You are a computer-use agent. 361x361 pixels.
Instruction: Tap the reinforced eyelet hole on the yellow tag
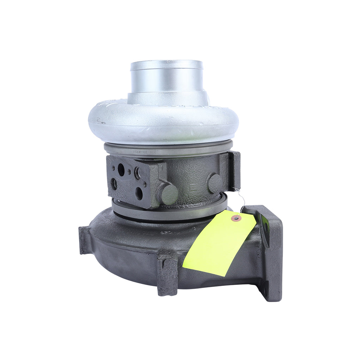pos(235,218)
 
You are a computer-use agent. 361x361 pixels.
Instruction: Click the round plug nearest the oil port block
pos(169,194)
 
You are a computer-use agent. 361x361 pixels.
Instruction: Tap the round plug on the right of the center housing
pos(215,183)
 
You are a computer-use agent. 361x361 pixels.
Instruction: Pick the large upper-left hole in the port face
pos(121,170)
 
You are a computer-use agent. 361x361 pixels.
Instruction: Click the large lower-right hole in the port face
pos(139,193)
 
